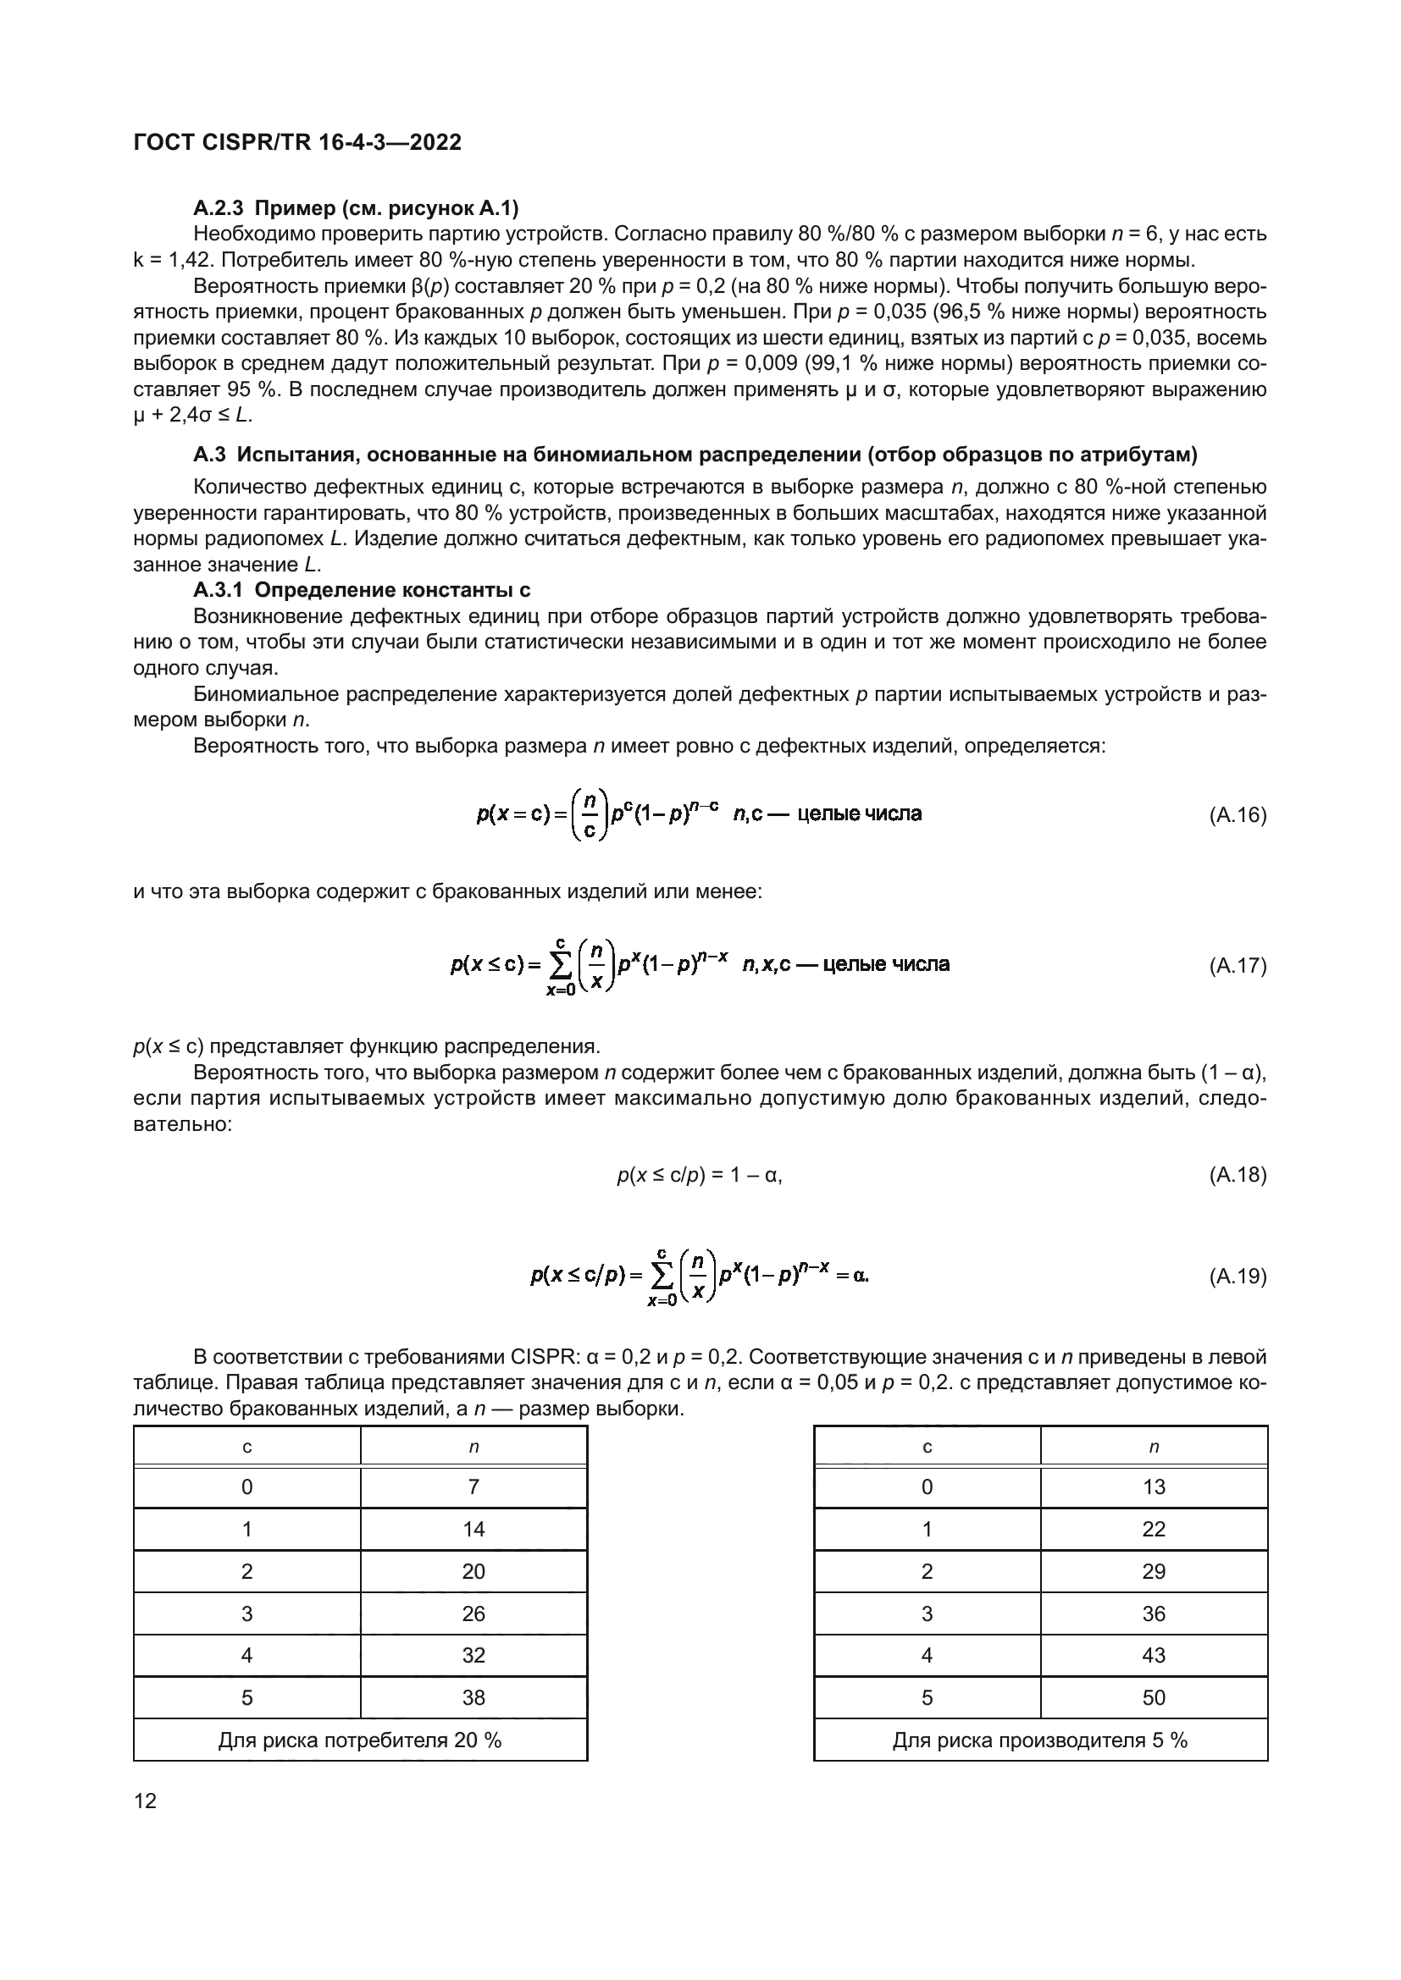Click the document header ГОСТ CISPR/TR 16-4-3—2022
tap(297, 142)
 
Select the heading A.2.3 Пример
tap(356, 208)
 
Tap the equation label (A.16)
tap(1237, 815)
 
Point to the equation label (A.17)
tap(1237, 966)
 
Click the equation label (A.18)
tap(1237, 1175)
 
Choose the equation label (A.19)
tap(1237, 1277)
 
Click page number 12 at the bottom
tap(145, 1801)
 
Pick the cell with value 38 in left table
tap(473, 1697)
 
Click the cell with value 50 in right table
tap(1154, 1697)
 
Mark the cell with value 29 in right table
tap(1154, 1571)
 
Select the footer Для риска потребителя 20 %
tap(360, 1740)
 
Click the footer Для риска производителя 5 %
tap(1039, 1740)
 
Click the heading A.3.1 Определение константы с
tap(362, 590)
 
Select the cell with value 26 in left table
tap(473, 1613)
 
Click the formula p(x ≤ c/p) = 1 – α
tap(699, 1175)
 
